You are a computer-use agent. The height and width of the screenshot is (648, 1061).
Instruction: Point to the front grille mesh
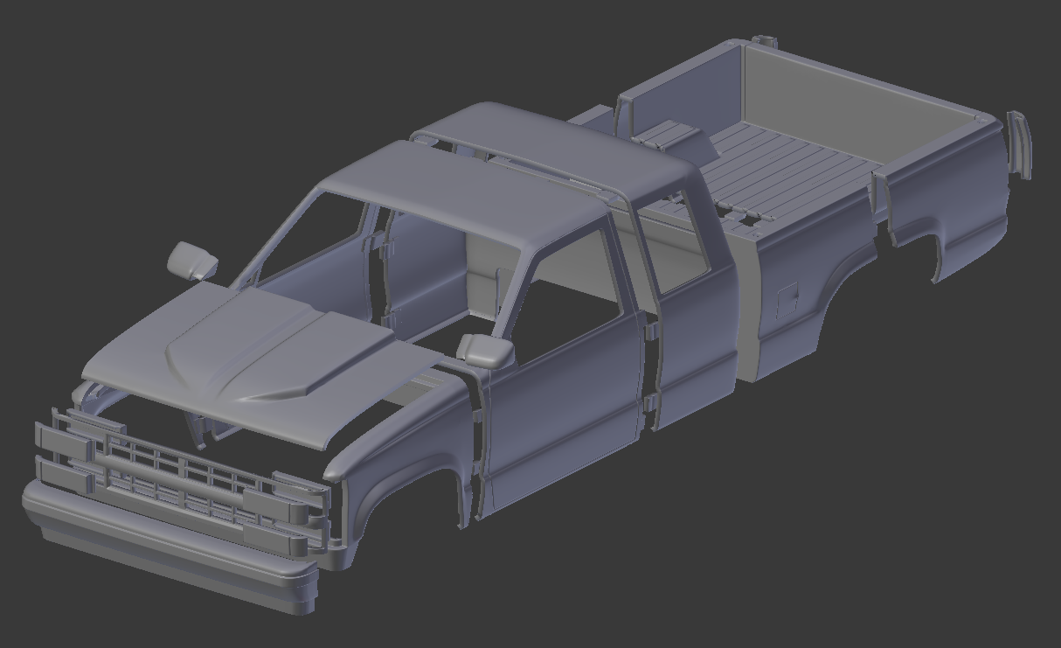tap(175, 477)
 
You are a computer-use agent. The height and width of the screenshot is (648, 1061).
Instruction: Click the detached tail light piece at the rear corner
tap(1019, 144)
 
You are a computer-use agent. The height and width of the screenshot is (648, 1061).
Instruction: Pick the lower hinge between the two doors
tap(650, 403)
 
